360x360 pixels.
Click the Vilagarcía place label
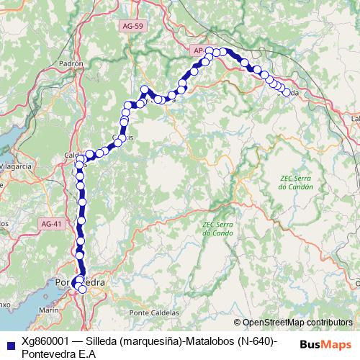click(15, 166)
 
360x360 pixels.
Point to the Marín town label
click(49, 310)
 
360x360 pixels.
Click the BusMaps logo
click(326, 343)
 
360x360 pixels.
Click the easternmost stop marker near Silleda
click(287, 92)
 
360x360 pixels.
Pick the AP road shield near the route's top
click(198, 50)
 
